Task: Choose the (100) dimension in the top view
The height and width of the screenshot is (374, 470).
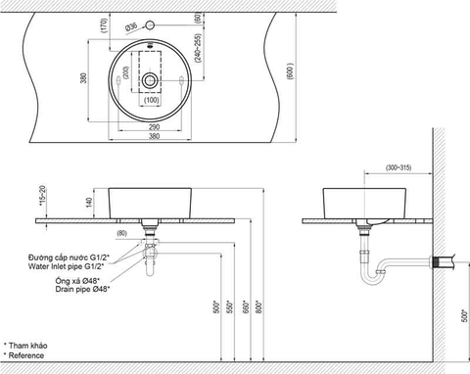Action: (151, 100)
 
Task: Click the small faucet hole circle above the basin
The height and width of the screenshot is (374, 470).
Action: (150, 25)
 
